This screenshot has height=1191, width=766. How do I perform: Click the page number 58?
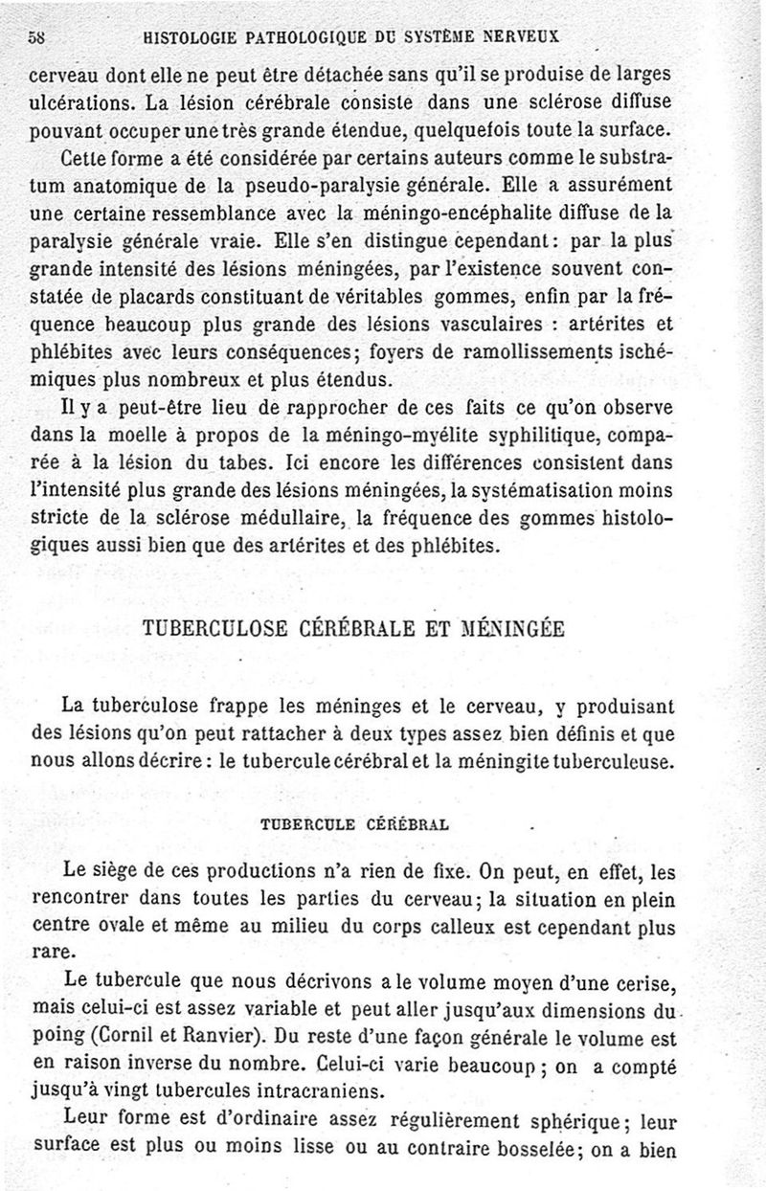38,36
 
